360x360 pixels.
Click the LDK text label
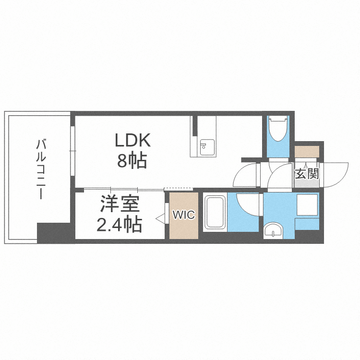(132, 140)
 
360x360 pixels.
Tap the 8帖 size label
(132, 160)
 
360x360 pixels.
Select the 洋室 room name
(120, 204)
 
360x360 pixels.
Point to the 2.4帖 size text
(119, 224)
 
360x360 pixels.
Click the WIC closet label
(184, 215)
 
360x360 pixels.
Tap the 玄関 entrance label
(307, 174)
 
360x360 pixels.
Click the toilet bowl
(278, 129)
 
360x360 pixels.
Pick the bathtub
(215, 212)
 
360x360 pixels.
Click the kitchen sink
(207, 148)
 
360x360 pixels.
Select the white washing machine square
(307, 205)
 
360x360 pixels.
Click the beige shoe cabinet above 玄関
(307, 152)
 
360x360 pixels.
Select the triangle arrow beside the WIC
(160, 218)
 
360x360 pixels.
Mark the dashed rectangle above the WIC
(179, 189)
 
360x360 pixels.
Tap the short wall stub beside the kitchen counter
(195, 126)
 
